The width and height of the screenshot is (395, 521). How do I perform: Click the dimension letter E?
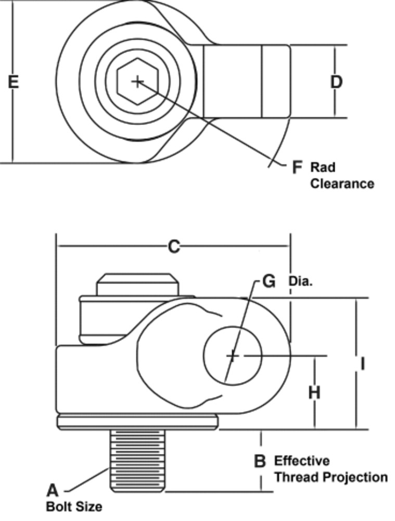point(14,82)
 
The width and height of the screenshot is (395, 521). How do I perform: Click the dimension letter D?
point(337,82)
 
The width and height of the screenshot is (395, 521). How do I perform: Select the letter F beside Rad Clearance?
point(297,167)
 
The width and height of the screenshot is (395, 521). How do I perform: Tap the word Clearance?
point(342,184)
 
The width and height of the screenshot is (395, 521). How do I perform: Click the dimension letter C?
point(173,246)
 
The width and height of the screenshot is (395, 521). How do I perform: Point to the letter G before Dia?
point(269,281)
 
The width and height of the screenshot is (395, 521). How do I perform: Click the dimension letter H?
point(314,392)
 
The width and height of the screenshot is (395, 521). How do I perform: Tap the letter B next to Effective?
point(259,462)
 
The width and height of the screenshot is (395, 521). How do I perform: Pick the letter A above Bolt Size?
point(53,490)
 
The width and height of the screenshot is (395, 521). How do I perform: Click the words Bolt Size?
point(74,506)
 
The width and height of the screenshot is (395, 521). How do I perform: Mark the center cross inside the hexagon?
point(137,81)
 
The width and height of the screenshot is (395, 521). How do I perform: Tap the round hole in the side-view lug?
point(233,356)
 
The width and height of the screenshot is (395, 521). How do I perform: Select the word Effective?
point(301,461)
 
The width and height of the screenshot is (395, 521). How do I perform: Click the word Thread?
point(296,477)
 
